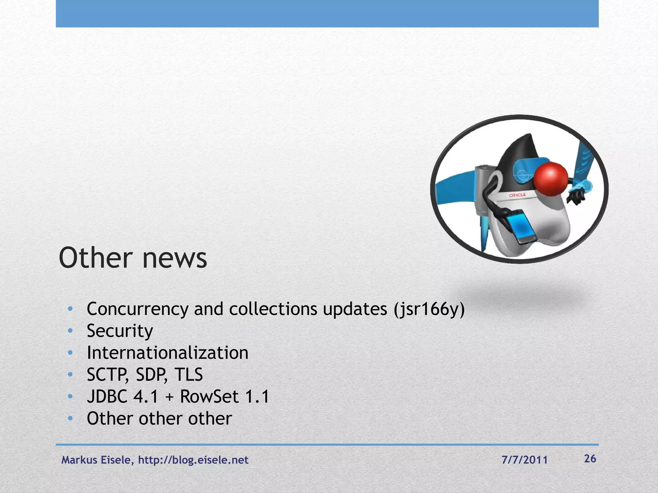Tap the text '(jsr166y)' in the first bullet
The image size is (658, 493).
pyautogui.click(x=429, y=309)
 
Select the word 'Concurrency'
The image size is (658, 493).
pyautogui.click(x=138, y=309)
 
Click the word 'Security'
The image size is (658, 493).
pyautogui.click(x=120, y=331)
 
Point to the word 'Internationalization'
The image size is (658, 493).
pyautogui.click(x=167, y=353)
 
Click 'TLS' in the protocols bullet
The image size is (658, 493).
pyautogui.click(x=189, y=375)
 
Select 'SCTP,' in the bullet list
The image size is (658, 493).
pyautogui.click(x=107, y=375)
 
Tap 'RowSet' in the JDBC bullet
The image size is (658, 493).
pyautogui.click(x=209, y=396)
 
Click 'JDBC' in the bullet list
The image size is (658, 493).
pyautogui.click(x=107, y=396)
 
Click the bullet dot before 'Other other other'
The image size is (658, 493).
pyautogui.click(x=70, y=419)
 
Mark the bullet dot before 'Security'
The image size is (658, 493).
pyautogui.click(x=70, y=331)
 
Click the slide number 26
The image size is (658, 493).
pyautogui.click(x=590, y=459)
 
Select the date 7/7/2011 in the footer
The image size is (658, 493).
pyautogui.click(x=524, y=460)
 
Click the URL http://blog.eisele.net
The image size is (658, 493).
pyautogui.click(x=193, y=460)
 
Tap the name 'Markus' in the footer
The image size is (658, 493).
pyautogui.click(x=79, y=460)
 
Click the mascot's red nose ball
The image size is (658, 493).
pyautogui.click(x=551, y=179)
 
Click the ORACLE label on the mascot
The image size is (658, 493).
pyautogui.click(x=517, y=195)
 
